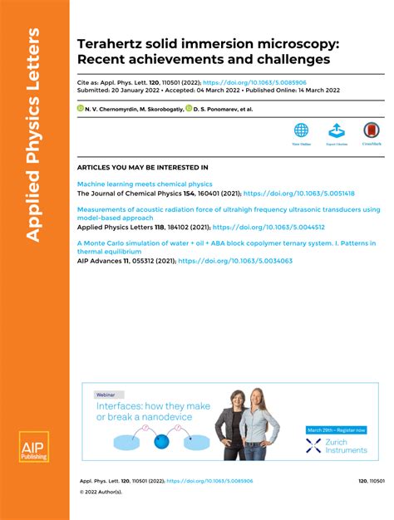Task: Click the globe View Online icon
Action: pos(301,131)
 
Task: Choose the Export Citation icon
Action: pos(337,131)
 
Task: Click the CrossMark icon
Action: pos(372,131)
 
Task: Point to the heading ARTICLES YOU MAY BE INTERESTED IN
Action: pos(142,167)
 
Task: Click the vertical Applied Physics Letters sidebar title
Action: pos(33,133)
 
